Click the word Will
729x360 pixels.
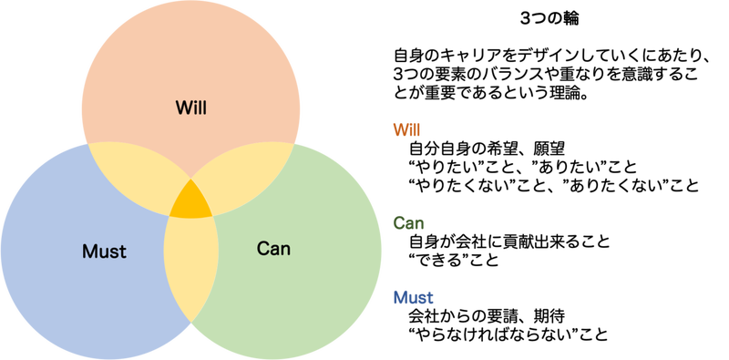(x=191, y=108)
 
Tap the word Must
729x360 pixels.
(x=104, y=250)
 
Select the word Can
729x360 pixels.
(x=273, y=247)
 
